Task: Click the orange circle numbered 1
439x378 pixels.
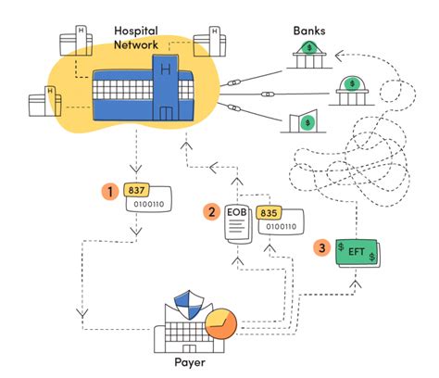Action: (x=110, y=192)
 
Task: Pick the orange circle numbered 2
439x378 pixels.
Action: (x=212, y=212)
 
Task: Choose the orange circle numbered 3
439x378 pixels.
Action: (x=321, y=247)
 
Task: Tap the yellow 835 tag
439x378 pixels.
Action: (x=270, y=212)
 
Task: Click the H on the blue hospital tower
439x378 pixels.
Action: (x=167, y=71)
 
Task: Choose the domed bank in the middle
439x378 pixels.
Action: (x=353, y=90)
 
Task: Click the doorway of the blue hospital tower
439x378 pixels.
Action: (x=167, y=112)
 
